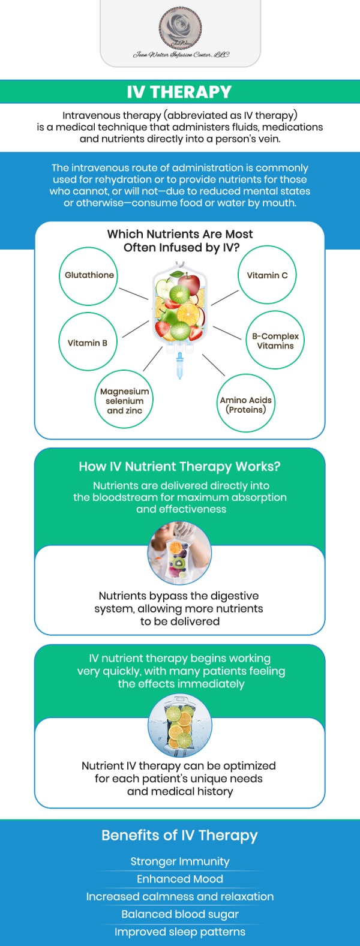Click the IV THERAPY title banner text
pos(179,92)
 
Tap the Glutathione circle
pos(89,275)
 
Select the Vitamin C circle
pos(267,275)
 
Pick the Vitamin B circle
pos(88,343)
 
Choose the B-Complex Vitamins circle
pos(275,340)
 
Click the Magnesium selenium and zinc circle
pos(124,400)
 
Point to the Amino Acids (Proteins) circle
pos(245,404)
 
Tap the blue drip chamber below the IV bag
pos(179,365)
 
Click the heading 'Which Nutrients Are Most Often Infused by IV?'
pos(180,241)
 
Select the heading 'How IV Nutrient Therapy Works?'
pos(179,467)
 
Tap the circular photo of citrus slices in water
pos(179,726)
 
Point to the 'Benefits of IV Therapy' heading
pos(179,836)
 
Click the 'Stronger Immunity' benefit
pos(180,861)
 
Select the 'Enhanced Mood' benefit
pos(180,879)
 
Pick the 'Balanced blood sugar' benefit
pos(180,914)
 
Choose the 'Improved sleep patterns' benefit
pos(180,932)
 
